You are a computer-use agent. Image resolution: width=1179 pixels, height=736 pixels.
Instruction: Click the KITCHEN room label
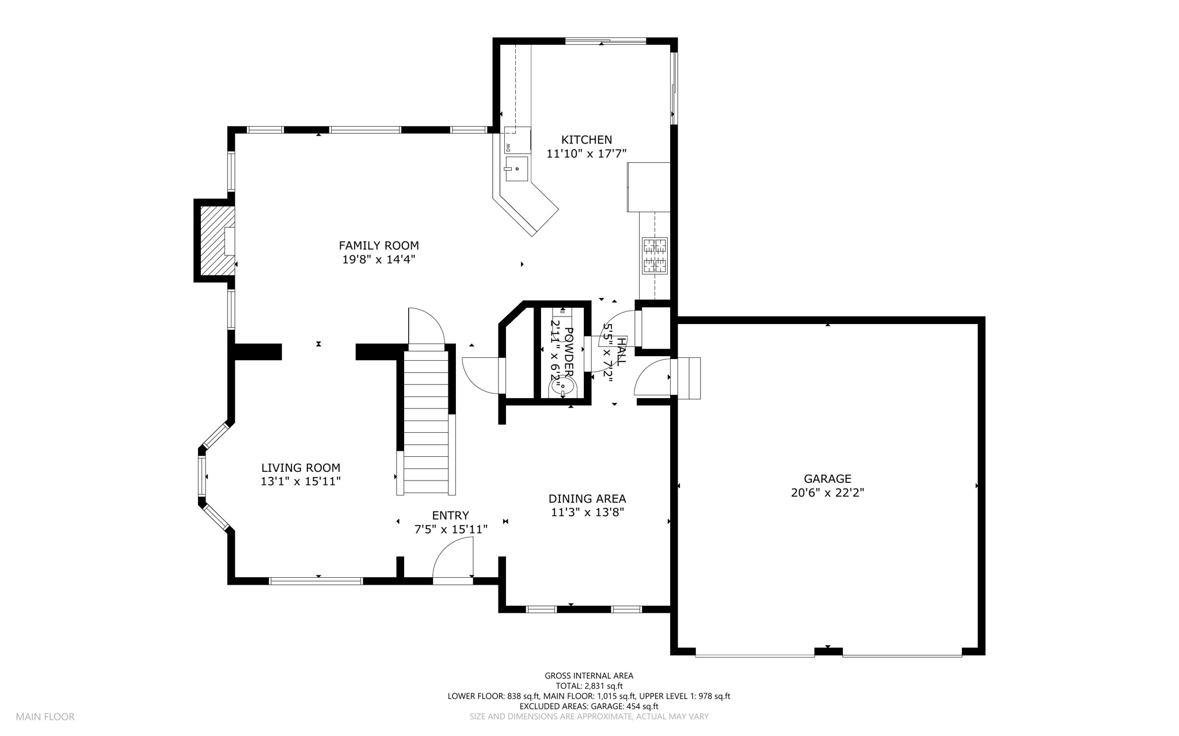click(587, 140)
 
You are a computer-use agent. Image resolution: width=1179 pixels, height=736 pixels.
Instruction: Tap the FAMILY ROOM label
click(379, 246)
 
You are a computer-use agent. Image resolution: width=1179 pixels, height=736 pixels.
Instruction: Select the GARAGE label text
click(827, 479)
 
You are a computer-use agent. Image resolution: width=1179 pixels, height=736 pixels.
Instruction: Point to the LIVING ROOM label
click(301, 468)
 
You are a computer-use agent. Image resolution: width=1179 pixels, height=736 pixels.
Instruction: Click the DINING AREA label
click(587, 499)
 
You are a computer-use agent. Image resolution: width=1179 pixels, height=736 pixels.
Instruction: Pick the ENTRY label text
click(450, 516)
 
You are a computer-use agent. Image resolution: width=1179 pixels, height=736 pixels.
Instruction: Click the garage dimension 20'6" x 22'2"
click(827, 493)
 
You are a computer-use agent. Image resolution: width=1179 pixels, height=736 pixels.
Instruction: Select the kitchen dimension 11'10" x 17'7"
click(586, 154)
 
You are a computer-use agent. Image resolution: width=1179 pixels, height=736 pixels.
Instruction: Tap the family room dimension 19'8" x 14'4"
click(379, 260)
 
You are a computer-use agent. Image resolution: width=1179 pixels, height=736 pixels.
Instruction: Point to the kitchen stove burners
click(655, 255)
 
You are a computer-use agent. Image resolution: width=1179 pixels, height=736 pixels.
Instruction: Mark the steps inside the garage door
click(689, 378)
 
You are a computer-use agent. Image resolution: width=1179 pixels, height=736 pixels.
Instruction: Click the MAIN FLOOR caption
click(45, 717)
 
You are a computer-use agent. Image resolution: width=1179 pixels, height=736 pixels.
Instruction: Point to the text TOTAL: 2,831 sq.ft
click(589, 686)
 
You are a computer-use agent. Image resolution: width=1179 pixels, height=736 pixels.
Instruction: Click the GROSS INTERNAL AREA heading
click(589, 676)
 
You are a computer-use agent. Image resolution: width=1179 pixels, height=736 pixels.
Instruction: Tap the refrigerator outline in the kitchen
click(649, 187)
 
